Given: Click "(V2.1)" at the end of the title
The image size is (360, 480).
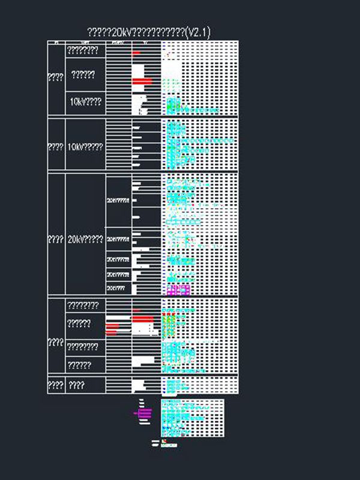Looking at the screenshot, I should [x=198, y=32].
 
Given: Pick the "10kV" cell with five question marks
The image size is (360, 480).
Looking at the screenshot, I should [x=86, y=147].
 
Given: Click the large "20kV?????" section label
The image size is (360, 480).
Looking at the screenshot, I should [x=86, y=239].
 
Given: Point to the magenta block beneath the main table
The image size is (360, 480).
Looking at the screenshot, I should [x=144, y=413].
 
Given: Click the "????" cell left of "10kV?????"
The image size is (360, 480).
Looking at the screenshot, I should [x=56, y=147].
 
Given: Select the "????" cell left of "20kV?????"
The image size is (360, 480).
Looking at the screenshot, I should [x=56, y=239].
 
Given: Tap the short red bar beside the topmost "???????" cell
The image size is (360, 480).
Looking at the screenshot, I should [x=136, y=53].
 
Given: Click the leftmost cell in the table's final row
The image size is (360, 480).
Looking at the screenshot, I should [x=56, y=385].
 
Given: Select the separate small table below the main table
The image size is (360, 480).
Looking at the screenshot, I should [x=193, y=418].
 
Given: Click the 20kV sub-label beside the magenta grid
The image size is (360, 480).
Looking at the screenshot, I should [x=117, y=288].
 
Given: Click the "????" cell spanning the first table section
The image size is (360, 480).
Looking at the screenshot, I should [x=56, y=77].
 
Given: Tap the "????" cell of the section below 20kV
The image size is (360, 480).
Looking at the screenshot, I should [x=56, y=342].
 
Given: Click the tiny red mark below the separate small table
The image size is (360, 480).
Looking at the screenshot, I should [x=164, y=441].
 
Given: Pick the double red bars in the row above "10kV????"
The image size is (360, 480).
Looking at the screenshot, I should [x=142, y=81].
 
